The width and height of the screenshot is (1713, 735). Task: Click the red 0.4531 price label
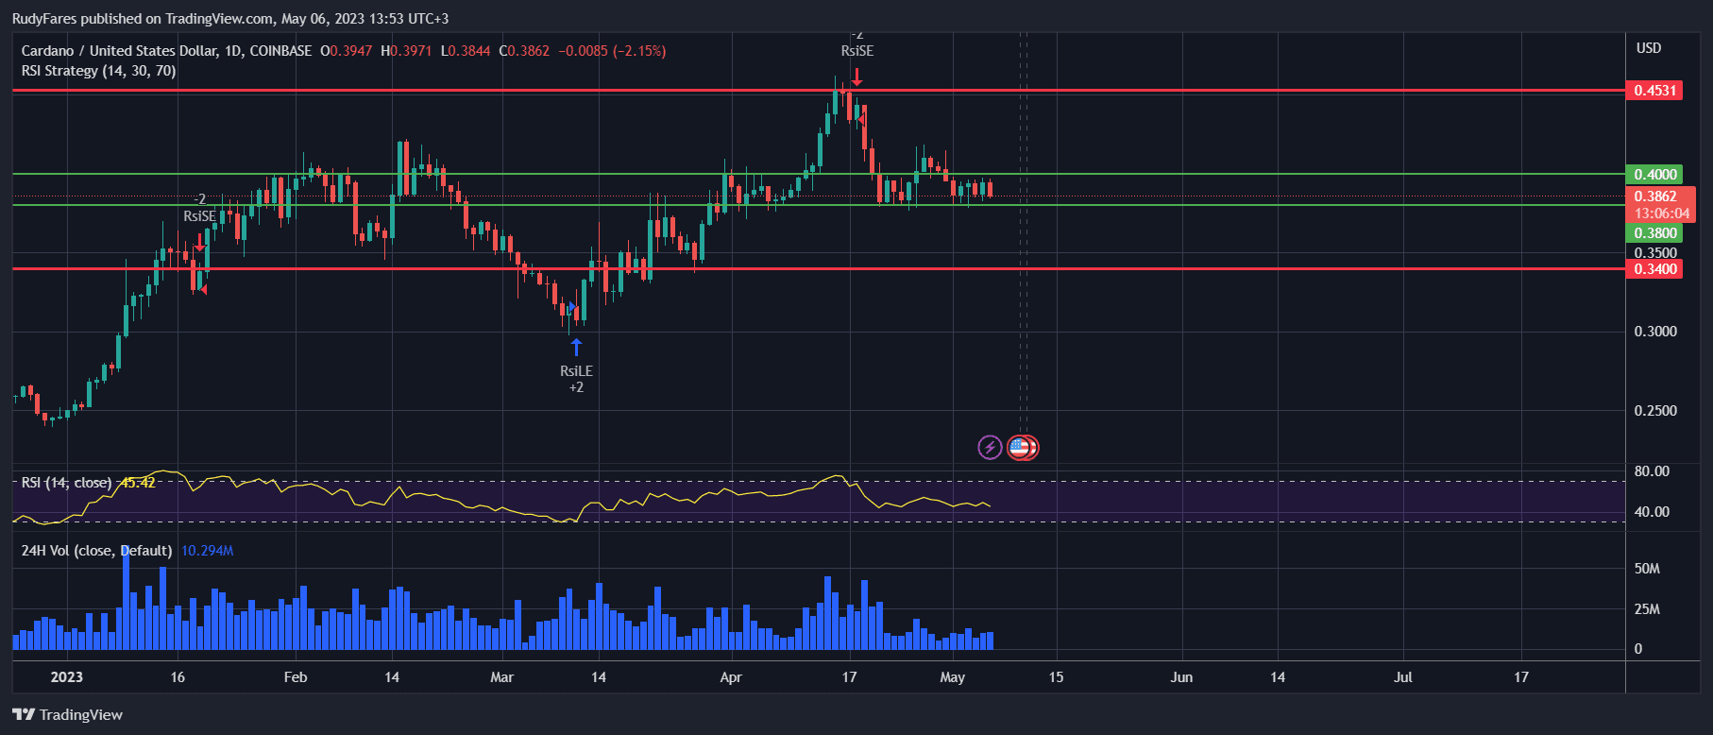1654,91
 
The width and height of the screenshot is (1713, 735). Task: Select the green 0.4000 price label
1654,175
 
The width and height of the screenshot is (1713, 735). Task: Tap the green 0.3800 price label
1654,233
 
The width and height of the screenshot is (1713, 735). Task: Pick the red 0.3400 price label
1654,269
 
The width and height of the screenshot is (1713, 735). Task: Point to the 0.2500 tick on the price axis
1654,411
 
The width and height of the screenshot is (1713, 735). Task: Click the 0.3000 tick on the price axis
1654,332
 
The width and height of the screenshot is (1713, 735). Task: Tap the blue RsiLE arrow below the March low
576,347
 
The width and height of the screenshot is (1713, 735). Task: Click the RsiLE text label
576,371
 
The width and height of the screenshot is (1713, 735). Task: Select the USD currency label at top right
1649,48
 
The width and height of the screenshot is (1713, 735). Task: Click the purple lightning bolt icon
990,447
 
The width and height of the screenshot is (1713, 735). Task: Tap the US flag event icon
1019,447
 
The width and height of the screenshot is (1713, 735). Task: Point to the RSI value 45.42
138,483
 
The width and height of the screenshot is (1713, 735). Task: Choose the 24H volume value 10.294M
207,551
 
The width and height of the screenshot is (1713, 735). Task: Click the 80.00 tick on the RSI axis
1652,471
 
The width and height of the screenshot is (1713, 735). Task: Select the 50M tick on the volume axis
1647,569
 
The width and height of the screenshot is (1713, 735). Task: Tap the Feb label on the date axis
296,677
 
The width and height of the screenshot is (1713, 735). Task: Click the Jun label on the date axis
1181,677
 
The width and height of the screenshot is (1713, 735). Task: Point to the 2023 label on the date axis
66,677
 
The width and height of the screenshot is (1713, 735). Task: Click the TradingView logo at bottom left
68,715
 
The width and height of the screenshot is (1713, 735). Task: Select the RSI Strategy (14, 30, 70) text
98,71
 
